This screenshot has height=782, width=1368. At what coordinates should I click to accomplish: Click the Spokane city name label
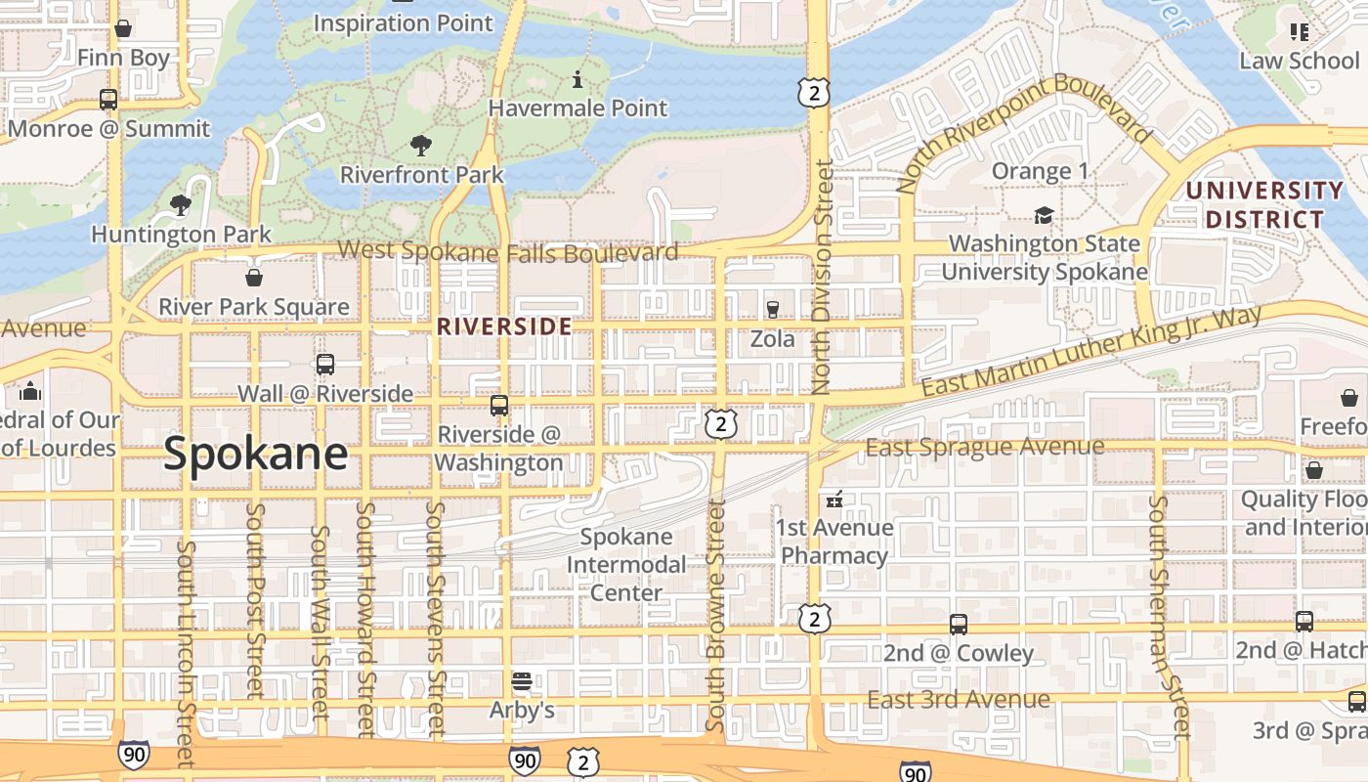tap(255, 455)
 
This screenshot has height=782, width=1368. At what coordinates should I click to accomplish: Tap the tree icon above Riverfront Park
tap(421, 147)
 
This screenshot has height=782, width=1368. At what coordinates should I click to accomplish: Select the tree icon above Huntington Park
tap(180, 205)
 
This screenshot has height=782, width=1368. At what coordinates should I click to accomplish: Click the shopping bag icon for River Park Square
tap(254, 279)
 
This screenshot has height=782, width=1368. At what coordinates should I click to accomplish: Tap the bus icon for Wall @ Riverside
tap(325, 365)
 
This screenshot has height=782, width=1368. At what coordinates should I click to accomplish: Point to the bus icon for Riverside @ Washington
tap(499, 405)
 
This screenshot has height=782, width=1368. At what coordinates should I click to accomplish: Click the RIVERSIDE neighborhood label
tap(504, 326)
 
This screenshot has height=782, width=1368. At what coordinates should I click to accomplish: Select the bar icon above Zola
tap(773, 310)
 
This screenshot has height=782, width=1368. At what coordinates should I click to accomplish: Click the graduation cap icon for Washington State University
tap(1044, 215)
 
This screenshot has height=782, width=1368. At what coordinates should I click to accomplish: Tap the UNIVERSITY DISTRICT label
tap(1264, 204)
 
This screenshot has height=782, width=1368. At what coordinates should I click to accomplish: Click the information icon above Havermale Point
tap(577, 79)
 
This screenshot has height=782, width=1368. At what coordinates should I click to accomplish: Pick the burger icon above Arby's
tap(522, 680)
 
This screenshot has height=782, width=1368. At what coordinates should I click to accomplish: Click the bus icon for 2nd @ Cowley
tap(959, 624)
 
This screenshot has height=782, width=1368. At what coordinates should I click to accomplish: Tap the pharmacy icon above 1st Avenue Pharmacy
tap(834, 500)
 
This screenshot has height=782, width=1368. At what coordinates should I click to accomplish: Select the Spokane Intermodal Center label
tap(626, 564)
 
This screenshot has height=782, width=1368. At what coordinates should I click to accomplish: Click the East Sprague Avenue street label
tap(985, 448)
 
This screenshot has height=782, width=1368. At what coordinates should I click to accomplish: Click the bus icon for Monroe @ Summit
tap(108, 100)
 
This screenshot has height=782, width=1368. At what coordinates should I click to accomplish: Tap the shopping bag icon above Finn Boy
tap(123, 28)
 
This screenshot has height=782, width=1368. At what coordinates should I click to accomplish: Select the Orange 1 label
tap(1040, 172)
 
